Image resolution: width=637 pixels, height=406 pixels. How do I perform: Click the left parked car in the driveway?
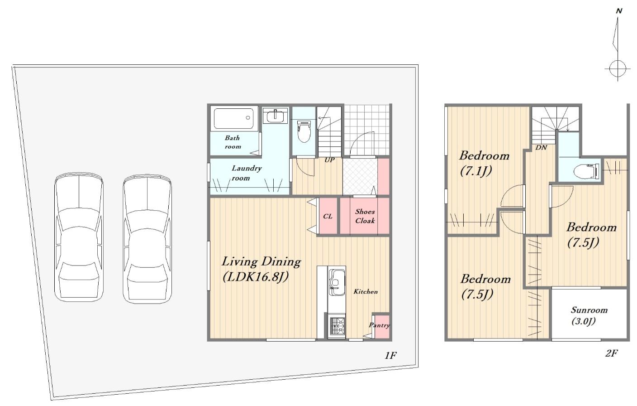(x=79, y=237)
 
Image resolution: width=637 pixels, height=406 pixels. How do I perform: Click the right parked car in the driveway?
(x=147, y=239)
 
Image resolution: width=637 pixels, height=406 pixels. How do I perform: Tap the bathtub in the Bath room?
(x=234, y=118)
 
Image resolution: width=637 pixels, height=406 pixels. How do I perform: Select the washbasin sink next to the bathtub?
(x=275, y=116)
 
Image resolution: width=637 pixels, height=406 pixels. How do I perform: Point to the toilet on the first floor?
(x=304, y=131)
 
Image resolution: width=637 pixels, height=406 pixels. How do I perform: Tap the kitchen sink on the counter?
(x=337, y=282)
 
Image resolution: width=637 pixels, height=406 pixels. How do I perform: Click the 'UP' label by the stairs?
(x=330, y=160)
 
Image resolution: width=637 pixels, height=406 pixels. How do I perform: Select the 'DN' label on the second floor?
(x=541, y=148)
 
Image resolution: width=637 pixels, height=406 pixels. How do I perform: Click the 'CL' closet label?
(x=328, y=216)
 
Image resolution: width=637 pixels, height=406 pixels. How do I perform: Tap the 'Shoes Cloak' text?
(x=365, y=216)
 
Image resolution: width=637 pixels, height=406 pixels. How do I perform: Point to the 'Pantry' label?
(x=379, y=325)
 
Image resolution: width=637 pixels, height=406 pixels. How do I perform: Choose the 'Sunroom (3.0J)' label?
(x=589, y=316)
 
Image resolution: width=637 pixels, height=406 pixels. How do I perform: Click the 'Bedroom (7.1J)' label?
(x=484, y=164)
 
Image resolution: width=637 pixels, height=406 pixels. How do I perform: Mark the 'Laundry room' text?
(x=247, y=173)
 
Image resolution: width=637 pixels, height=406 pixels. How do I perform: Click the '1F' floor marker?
(x=391, y=355)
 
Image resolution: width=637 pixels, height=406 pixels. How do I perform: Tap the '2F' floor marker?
(x=611, y=353)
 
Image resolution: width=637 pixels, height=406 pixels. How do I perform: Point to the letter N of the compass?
(x=619, y=11)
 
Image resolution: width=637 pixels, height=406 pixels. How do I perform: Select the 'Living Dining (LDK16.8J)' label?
(x=261, y=269)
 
